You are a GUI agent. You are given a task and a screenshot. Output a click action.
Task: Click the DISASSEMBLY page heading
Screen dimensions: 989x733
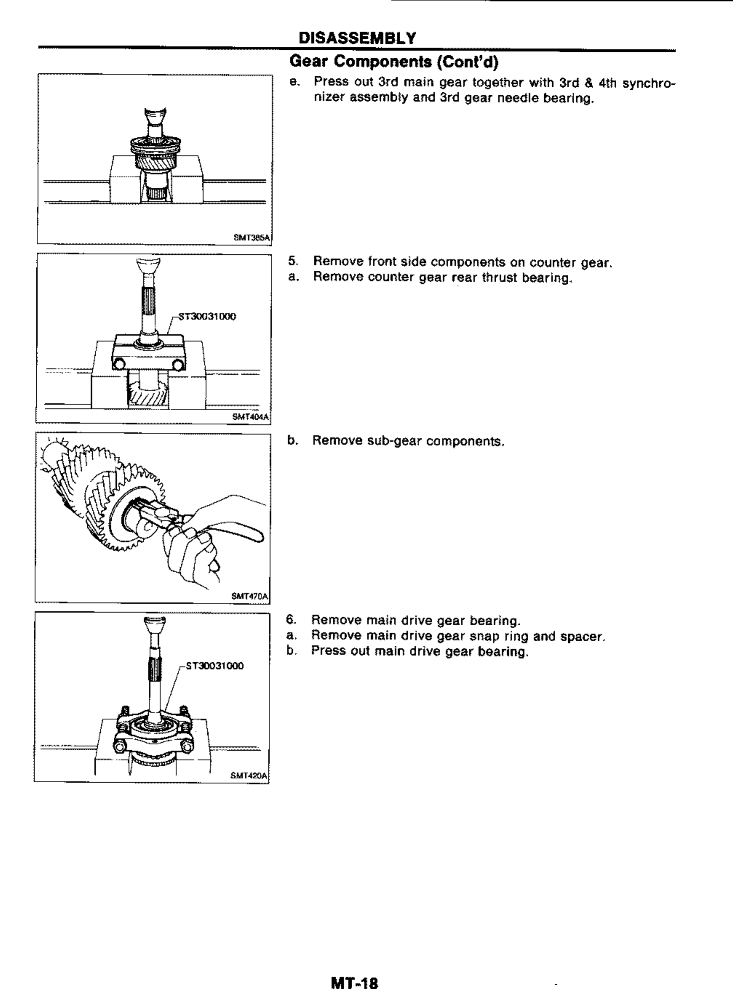358,38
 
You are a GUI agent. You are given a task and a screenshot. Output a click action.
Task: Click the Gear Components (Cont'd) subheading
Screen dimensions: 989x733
393,62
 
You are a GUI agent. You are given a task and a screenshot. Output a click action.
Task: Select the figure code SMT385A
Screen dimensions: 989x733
252,238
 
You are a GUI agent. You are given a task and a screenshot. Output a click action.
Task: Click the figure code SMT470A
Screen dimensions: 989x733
250,596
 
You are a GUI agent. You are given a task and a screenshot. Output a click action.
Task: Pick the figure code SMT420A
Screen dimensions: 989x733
249,776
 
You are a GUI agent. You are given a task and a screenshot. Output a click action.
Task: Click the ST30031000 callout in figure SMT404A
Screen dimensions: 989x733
207,316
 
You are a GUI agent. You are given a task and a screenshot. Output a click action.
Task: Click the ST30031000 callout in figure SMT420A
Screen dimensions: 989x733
215,666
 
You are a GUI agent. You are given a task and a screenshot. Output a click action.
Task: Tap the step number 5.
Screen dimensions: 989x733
292,262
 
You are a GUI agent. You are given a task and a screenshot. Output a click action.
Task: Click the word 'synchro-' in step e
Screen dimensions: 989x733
649,83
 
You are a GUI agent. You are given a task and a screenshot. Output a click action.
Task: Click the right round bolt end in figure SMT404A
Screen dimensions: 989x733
178,364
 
